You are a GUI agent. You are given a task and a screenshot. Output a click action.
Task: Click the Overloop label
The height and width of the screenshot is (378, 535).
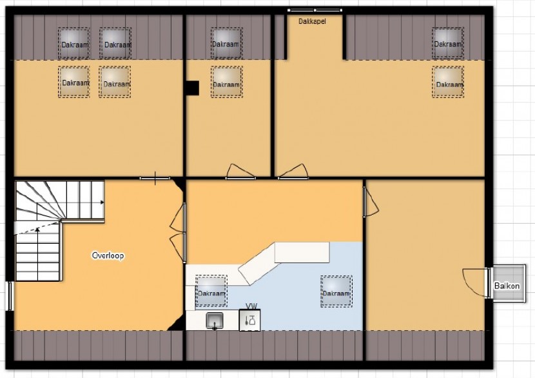[x=108, y=255]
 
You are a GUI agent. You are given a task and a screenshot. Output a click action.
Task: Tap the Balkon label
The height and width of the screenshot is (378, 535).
[x=507, y=286]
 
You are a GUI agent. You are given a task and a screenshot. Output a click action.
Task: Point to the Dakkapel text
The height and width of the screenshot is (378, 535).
[x=312, y=21]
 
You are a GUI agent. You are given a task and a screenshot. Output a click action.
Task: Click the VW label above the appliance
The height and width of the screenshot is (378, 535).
[x=251, y=306]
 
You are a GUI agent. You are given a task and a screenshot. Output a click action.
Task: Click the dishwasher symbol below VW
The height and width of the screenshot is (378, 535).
[x=249, y=321]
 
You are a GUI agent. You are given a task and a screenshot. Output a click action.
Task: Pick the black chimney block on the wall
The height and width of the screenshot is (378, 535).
[x=193, y=88]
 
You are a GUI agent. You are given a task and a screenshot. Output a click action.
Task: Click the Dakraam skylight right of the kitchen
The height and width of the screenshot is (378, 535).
[x=336, y=292]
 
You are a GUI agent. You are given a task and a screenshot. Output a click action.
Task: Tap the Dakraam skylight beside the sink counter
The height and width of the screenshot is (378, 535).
[x=211, y=291]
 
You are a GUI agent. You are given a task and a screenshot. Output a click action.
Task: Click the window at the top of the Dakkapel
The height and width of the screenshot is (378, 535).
[x=315, y=10]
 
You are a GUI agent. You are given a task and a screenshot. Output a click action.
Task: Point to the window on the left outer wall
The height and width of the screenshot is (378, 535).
[x=10, y=296]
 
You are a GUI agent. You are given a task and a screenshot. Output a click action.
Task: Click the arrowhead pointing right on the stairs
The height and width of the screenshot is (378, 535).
[x=102, y=203]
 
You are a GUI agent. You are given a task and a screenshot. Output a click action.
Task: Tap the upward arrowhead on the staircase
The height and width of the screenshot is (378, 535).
[x=37, y=230]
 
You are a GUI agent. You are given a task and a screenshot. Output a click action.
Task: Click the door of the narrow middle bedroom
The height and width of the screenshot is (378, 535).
[x=240, y=172]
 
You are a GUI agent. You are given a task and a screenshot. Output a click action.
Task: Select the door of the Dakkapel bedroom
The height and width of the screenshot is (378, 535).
[x=293, y=172]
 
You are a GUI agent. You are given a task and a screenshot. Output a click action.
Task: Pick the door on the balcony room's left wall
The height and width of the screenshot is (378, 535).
[x=370, y=202]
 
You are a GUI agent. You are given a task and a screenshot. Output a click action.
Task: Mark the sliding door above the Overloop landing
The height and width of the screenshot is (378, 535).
[x=155, y=178]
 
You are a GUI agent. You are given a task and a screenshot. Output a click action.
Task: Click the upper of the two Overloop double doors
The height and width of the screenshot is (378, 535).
[x=178, y=217]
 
